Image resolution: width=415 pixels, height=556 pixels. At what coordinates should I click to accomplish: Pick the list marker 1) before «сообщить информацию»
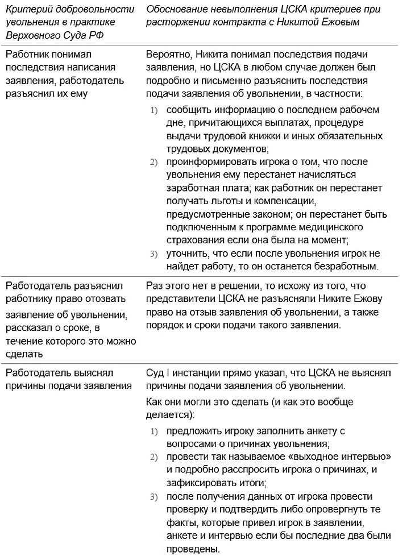(153, 110)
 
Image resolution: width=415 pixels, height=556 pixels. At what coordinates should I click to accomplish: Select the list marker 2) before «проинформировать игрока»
(153, 163)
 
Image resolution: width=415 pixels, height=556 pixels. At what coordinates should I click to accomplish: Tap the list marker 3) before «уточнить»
(153, 254)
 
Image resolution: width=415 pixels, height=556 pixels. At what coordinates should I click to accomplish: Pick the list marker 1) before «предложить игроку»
(153, 431)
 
